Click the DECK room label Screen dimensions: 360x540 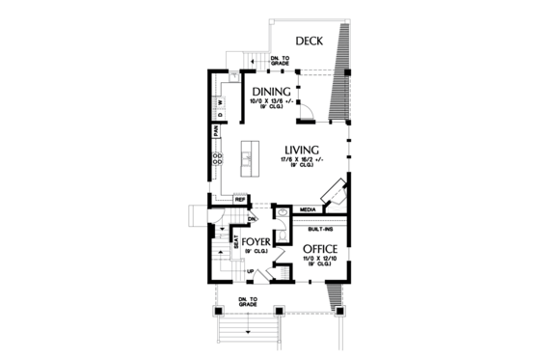(x=309, y=41)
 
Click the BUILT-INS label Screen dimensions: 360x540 (x=321, y=230)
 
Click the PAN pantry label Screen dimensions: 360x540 (x=215, y=130)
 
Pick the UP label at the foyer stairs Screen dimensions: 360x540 (x=252, y=271)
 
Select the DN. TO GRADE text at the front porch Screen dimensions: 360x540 (x=247, y=302)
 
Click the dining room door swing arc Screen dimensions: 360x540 (x=306, y=112)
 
